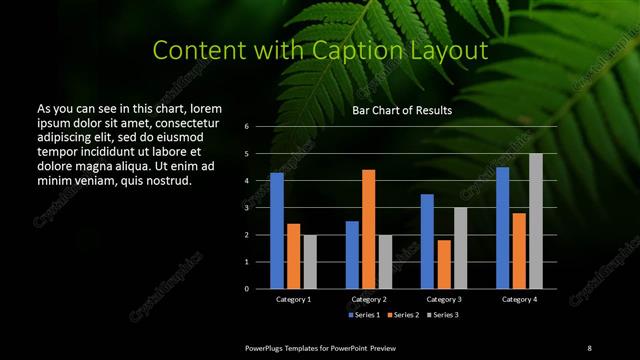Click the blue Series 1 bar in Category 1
pyautogui.click(x=277, y=231)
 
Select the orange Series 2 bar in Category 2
pyautogui.click(x=369, y=229)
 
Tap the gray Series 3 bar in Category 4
pyautogui.click(x=536, y=221)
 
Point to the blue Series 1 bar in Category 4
pyautogui.click(x=502, y=228)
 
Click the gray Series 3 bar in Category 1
pyautogui.click(x=310, y=262)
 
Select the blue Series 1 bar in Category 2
pyautogui.click(x=352, y=255)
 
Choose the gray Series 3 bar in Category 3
pyautogui.click(x=461, y=248)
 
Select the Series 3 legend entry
pyautogui.click(x=443, y=315)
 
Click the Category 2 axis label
pyautogui.click(x=369, y=299)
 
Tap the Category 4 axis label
pyautogui.click(x=519, y=299)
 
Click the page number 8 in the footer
pyautogui.click(x=589, y=347)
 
